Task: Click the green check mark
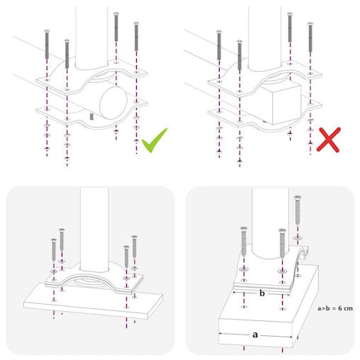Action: [154, 140]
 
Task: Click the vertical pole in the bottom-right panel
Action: [267, 227]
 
